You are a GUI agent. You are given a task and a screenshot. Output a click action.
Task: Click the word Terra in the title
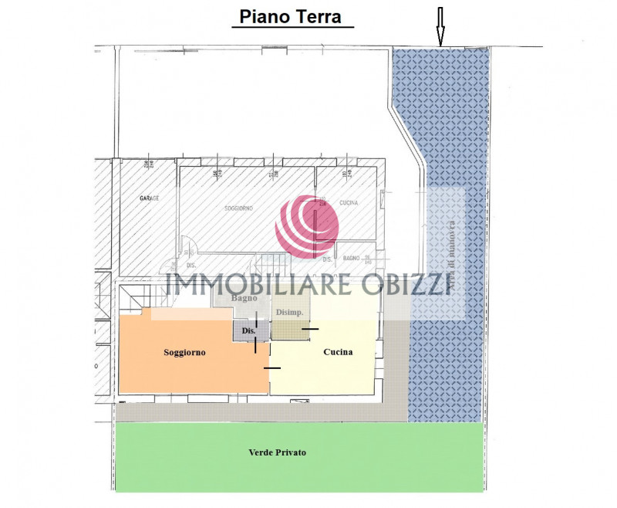316,16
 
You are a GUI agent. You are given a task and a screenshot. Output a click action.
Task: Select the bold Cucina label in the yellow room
338,352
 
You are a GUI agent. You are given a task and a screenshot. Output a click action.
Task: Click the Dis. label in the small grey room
248,330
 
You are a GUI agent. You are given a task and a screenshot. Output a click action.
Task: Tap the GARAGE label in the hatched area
149,198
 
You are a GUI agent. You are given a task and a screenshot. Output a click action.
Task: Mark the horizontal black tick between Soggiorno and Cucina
271,368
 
